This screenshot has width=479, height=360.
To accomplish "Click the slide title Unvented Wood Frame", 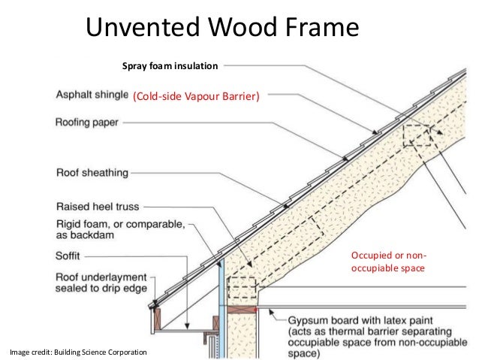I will click(223, 28).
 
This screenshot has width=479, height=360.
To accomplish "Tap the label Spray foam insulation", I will click(170, 68).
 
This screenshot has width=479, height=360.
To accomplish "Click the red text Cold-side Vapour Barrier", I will click(195, 96).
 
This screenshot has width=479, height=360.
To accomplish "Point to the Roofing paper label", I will click(87, 121).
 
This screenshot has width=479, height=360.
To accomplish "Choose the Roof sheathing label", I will click(92, 173).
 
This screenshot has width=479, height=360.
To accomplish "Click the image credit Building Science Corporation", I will click(78, 352).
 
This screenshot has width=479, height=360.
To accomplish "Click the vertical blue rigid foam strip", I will click(221, 301).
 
